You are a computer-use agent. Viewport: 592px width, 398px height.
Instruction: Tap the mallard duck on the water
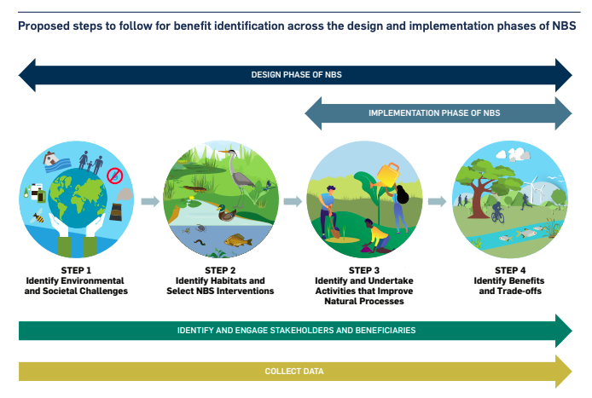coord(227,214)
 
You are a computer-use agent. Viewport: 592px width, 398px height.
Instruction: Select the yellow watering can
coord(387,175)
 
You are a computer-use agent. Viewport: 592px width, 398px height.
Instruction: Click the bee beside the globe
coord(38,216)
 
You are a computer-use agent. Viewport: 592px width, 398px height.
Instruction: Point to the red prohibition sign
coord(115,176)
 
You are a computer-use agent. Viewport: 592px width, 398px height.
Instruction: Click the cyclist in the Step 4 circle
coord(497,212)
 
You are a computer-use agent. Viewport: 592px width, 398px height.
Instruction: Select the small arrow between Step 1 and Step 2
coord(150,201)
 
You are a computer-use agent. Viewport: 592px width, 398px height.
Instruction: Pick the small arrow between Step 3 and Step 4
coord(438,201)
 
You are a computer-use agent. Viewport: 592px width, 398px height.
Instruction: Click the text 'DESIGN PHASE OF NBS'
coord(296,75)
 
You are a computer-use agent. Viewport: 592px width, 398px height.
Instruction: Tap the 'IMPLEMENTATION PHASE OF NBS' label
coord(434,113)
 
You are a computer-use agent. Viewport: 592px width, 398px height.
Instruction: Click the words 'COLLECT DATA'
coord(294,372)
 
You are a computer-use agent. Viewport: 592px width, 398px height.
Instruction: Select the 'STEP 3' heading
coord(364,270)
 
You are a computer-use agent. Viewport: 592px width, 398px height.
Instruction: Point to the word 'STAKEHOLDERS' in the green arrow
coord(285,331)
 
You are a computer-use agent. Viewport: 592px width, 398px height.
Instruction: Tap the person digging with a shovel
coord(328,211)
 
